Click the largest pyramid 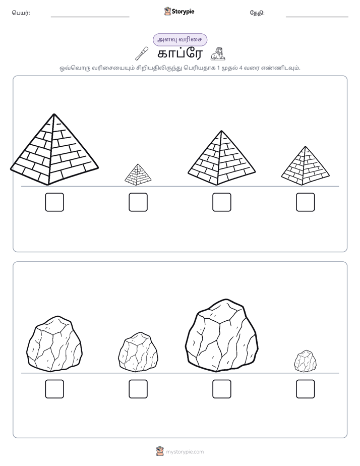pos(54,150)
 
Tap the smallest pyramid pos(138,174)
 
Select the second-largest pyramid pos(221,158)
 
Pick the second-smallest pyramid pos(306,166)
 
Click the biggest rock pos(221,336)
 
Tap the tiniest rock pos(306,361)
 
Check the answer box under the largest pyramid pos(54,202)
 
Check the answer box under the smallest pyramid pos(138,202)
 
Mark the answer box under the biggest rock pos(221,389)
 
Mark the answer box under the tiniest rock pos(306,389)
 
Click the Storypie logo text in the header pos(183,11)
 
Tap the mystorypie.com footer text pos(185,452)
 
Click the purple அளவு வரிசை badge pos(180,39)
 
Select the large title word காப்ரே pos(180,54)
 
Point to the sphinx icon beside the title pos(218,54)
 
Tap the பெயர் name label pos(21,13)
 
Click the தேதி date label pos(257,13)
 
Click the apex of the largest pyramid pos(54,114)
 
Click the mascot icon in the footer pos(160,451)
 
